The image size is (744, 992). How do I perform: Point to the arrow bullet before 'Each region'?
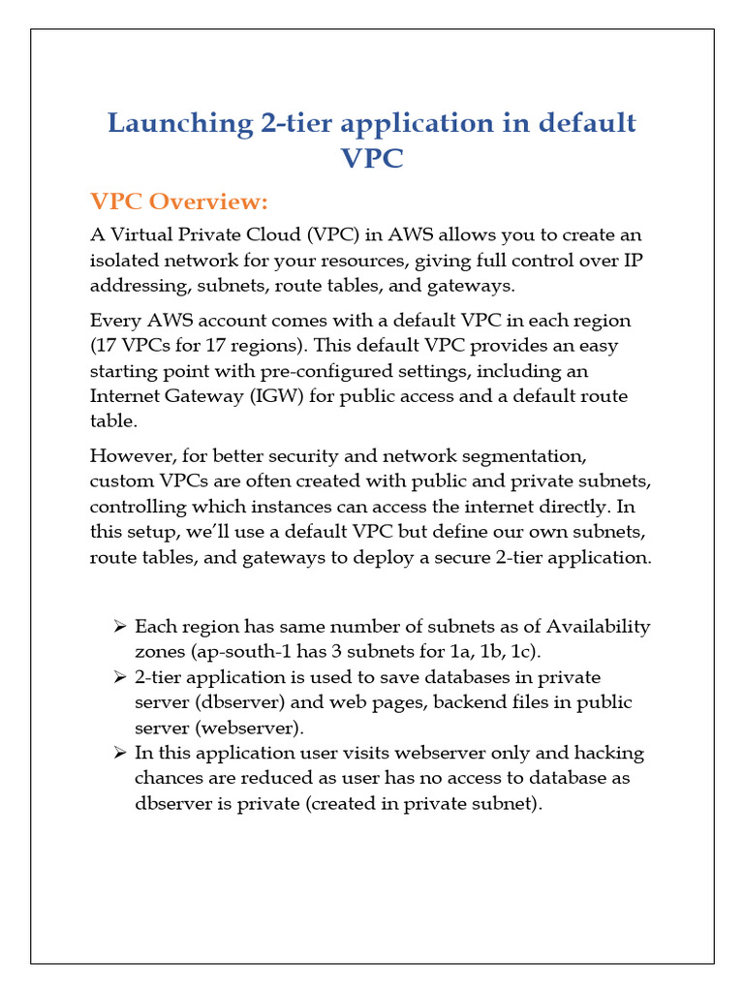point(120,626)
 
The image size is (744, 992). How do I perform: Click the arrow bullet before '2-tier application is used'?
point(120,676)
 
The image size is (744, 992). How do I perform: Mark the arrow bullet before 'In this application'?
point(120,752)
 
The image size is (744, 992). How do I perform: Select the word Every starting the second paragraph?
point(114,320)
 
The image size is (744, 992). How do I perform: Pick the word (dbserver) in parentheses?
point(230,701)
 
